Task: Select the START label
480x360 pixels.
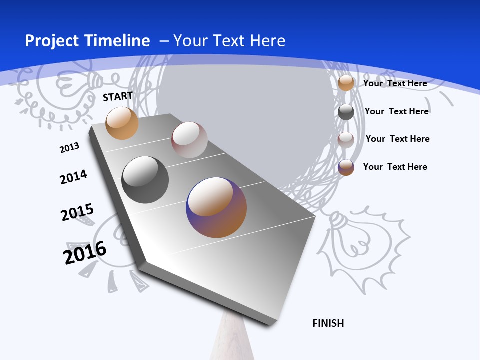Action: tap(118, 96)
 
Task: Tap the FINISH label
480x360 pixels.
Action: tap(328, 323)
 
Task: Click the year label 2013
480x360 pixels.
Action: tap(69, 148)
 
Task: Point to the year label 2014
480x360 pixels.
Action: tap(73, 177)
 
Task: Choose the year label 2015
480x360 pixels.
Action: tap(77, 212)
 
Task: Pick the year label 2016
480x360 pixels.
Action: tap(85, 252)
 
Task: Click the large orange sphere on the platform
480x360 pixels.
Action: tap(122, 123)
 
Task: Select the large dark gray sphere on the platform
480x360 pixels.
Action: tap(145, 180)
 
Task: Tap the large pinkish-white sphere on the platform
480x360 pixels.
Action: tap(189, 140)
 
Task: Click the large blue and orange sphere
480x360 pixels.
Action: tap(216, 207)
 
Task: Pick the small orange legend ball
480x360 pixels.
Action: tap(346, 83)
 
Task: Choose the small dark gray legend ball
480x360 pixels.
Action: tap(346, 112)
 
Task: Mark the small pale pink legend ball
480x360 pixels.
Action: tap(346, 140)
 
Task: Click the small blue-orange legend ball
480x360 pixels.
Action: tap(346, 167)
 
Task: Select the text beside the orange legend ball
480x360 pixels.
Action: tap(395, 83)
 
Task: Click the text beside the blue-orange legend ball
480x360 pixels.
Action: tap(395, 167)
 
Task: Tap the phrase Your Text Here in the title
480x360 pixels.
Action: tap(229, 41)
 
